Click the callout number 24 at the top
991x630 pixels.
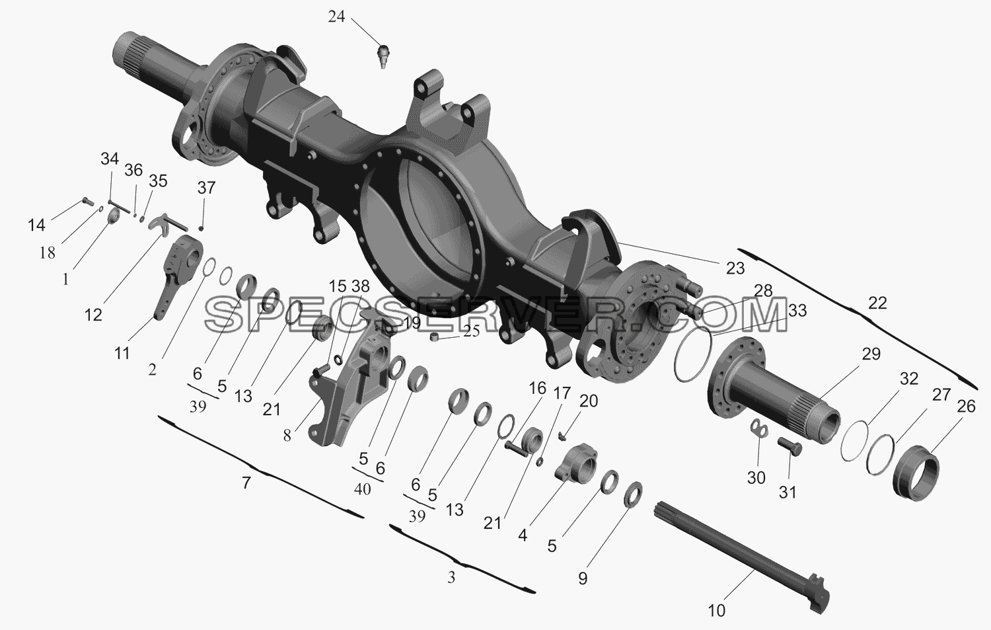336,17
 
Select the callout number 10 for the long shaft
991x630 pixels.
717,611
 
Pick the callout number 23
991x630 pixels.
736,268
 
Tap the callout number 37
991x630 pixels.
206,188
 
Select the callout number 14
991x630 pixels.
37,225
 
